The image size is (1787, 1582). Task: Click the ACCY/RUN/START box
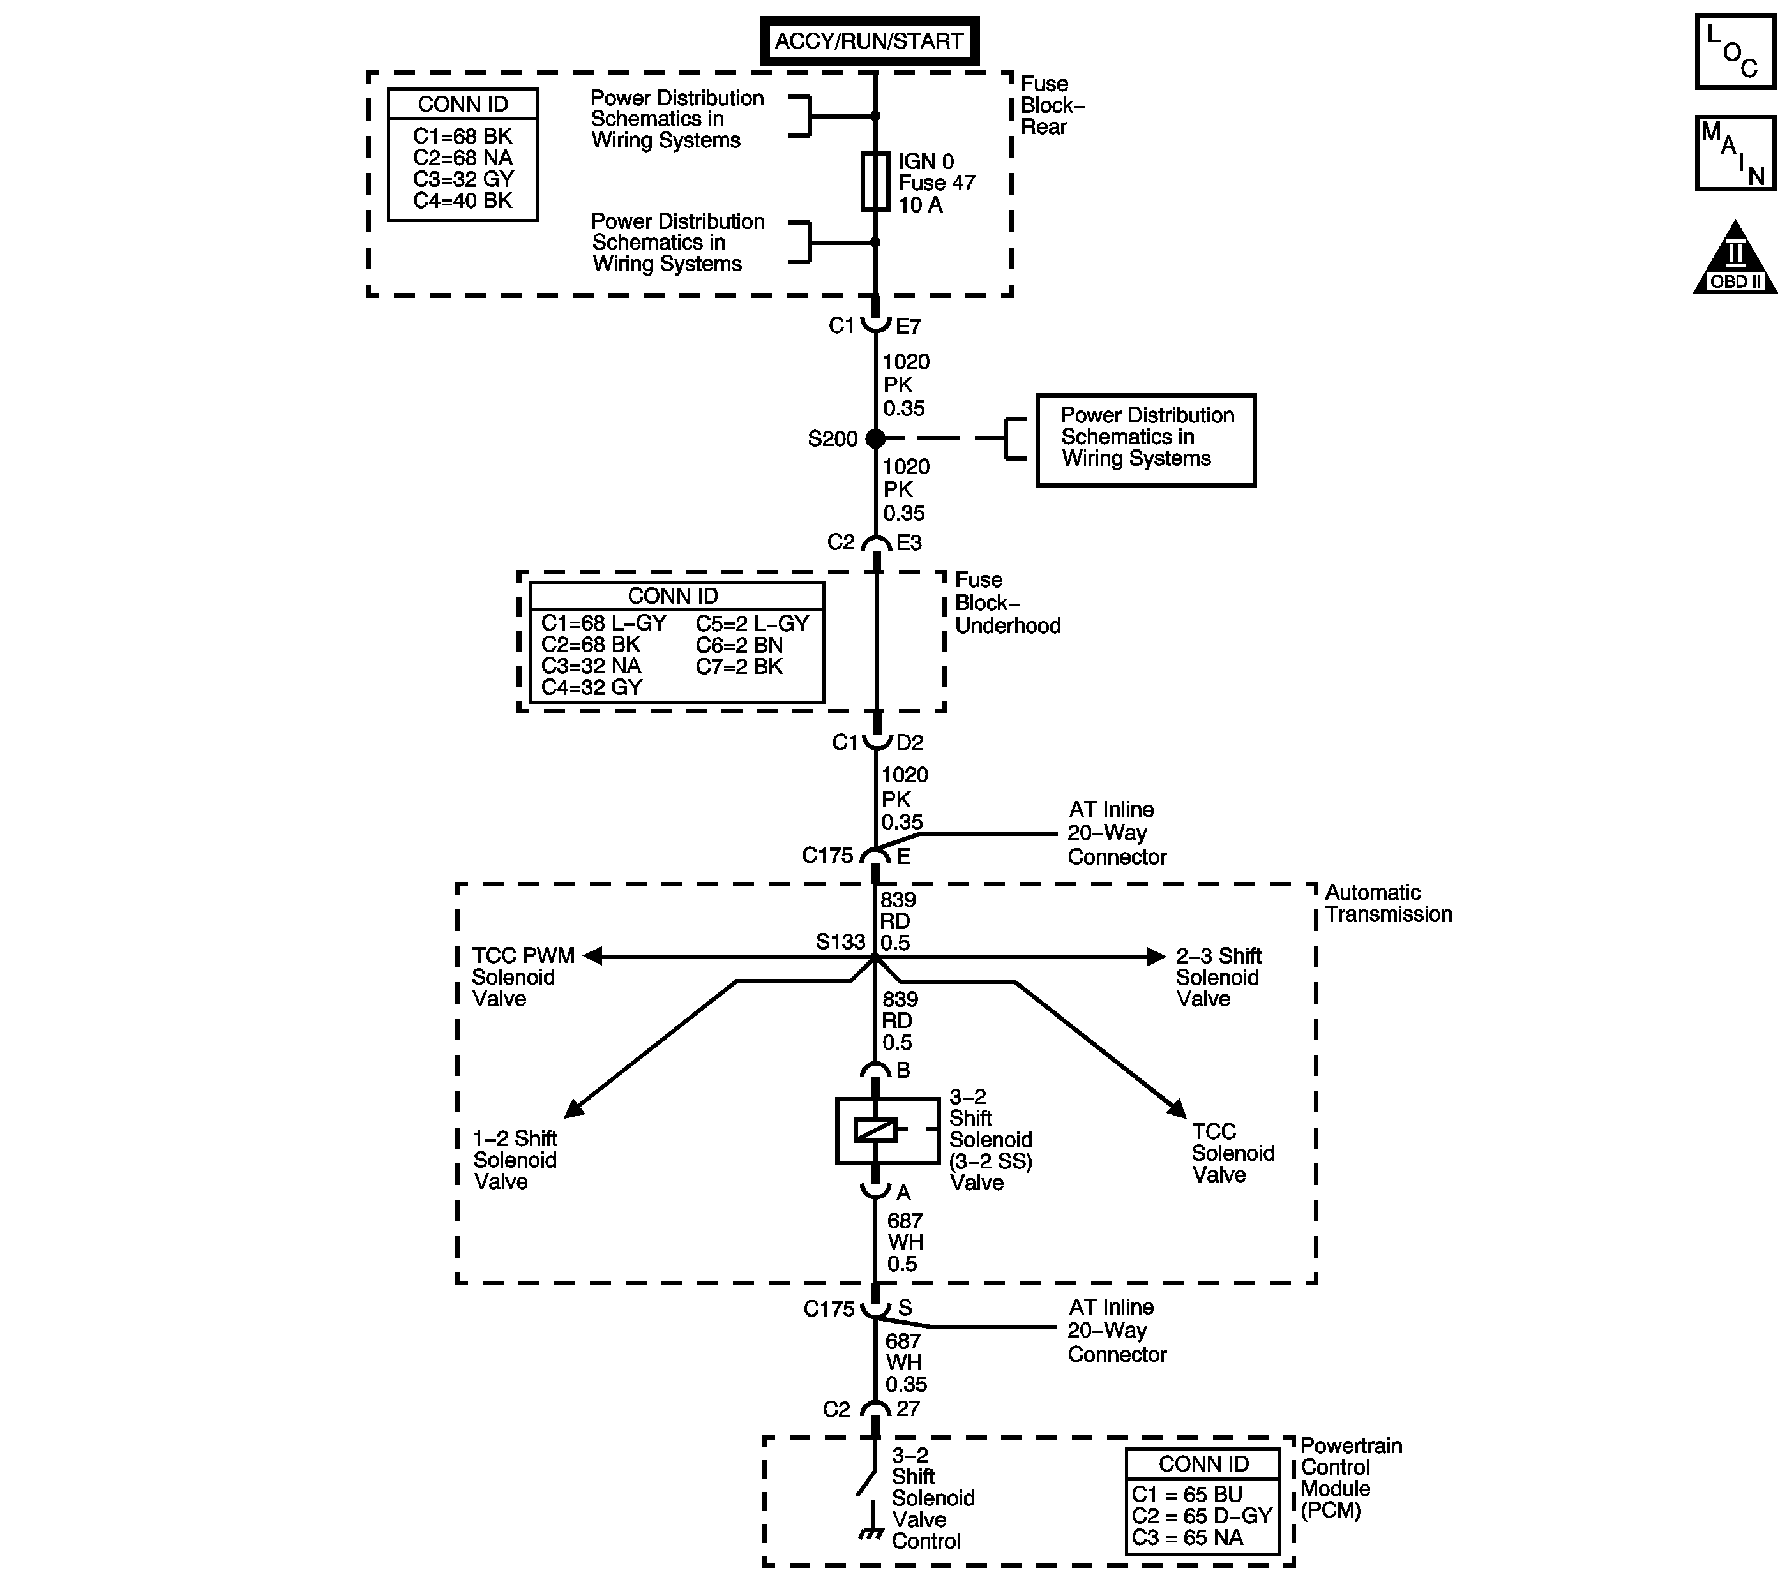click(x=869, y=41)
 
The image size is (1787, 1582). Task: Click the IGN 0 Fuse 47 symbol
click(x=875, y=182)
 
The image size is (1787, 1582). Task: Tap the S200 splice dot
click(x=875, y=439)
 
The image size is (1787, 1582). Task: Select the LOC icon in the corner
click(x=1735, y=52)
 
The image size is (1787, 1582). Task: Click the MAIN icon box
click(x=1735, y=153)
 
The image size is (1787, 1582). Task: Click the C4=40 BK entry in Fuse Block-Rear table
click(x=462, y=201)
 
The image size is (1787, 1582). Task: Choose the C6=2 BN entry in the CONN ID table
click(x=739, y=645)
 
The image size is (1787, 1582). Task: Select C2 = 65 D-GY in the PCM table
click(x=1202, y=1516)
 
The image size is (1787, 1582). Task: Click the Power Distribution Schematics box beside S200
click(x=1146, y=440)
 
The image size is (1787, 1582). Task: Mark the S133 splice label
click(x=840, y=941)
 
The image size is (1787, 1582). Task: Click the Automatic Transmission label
click(x=1387, y=903)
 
